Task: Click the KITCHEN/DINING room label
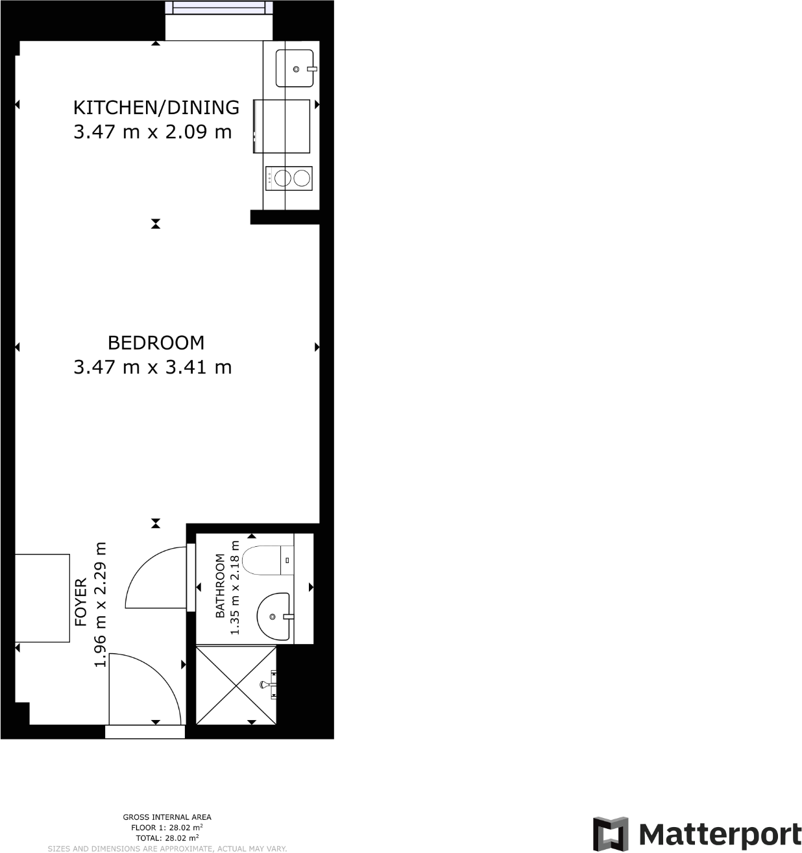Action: coord(156,107)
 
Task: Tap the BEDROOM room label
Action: coord(156,342)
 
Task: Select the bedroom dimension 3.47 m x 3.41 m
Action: coord(152,367)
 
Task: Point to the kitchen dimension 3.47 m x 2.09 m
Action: coord(152,132)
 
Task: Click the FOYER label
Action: coord(81,602)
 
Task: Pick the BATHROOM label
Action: coord(221,586)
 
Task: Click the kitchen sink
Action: coord(295,68)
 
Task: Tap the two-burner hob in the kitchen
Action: coord(289,178)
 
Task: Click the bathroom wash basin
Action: coord(273,616)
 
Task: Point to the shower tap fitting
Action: coord(268,684)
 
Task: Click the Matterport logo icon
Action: coord(611,834)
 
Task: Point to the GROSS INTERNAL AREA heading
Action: coord(167,817)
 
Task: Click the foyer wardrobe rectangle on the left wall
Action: coord(42,598)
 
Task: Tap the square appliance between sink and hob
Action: coord(282,126)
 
